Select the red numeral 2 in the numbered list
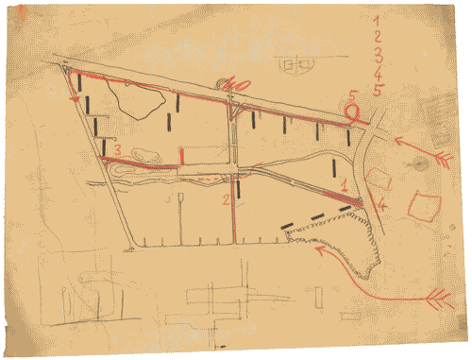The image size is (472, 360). pos(378,35)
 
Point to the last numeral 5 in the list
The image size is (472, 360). pos(378,91)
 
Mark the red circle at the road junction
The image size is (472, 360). pos(354,113)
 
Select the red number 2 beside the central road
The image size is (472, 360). pos(226,200)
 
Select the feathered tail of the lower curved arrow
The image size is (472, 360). pos(441,300)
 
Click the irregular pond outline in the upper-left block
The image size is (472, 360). pos(127,98)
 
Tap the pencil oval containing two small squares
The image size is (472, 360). pos(296,64)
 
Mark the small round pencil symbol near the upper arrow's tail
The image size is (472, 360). pos(415,163)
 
